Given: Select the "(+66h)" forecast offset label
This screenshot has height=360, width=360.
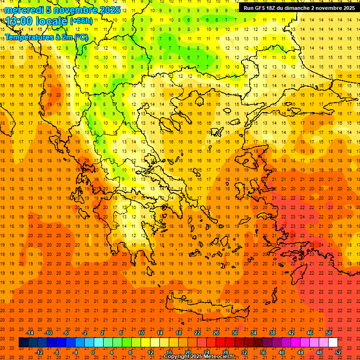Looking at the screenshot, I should point(81,21).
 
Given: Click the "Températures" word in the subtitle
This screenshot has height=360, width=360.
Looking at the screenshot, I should point(28,37).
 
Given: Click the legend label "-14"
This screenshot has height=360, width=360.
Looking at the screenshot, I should point(30,333).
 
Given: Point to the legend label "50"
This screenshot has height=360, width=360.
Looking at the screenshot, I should point(329,333).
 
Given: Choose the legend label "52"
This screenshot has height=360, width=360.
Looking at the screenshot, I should point(338,352).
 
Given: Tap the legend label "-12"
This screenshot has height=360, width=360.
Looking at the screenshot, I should point(39,352).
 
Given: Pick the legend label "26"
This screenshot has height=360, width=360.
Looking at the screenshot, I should point(216,333).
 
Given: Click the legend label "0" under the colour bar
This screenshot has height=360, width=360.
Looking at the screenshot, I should point(93,352).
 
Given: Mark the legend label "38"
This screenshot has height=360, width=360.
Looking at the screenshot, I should point(272,333).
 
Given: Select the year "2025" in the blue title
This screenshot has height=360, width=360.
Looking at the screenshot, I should point(109,10).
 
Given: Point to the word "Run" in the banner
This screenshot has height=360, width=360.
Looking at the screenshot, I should point(248,8).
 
